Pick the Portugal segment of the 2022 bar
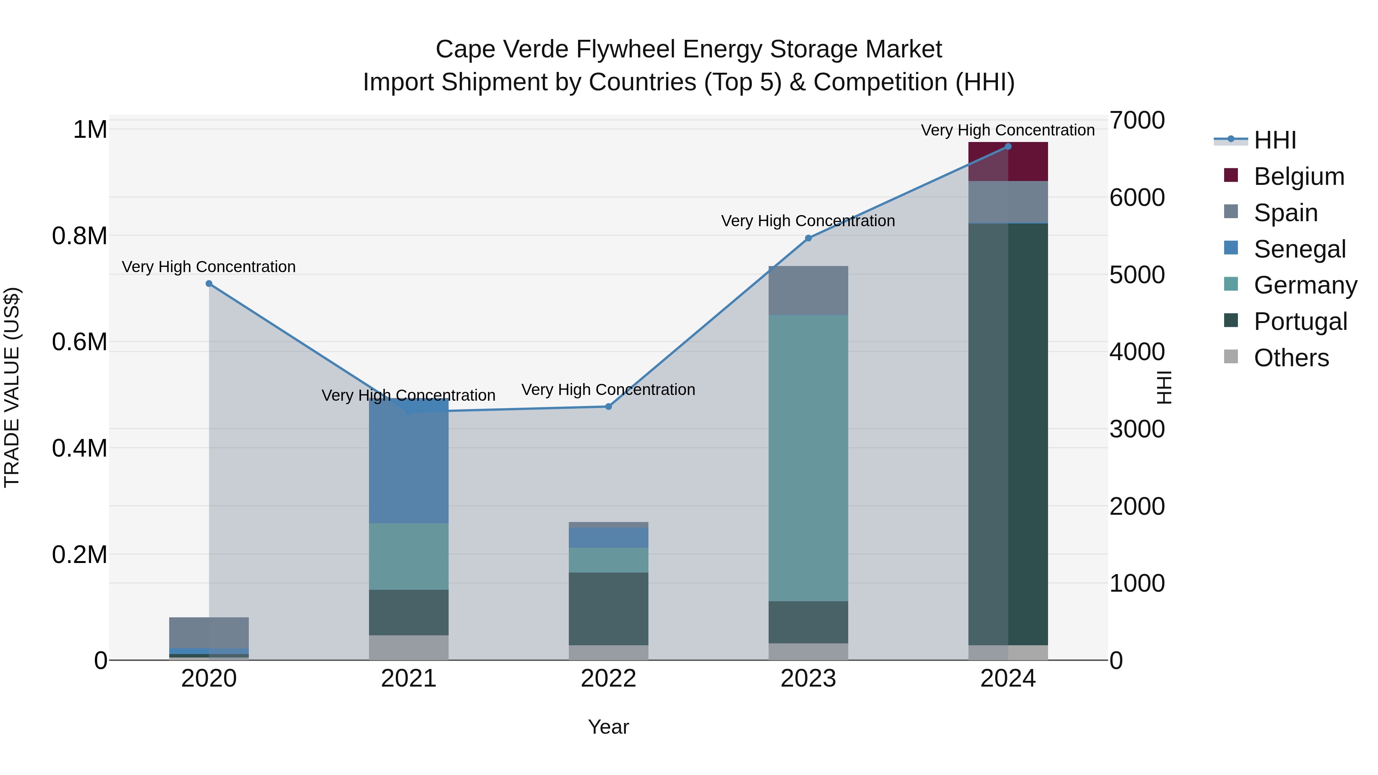pyautogui.click(x=608, y=609)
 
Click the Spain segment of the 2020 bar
pyautogui.click(x=209, y=632)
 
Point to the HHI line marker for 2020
pyautogui.click(x=209, y=284)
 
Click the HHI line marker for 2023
pyautogui.click(x=808, y=238)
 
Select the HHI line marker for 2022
pyautogui.click(x=608, y=406)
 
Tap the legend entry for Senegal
pyautogui.click(x=1300, y=249)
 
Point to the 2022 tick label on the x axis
pyautogui.click(x=608, y=679)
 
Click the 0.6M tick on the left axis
pyautogui.click(x=80, y=342)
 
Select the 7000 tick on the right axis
pyautogui.click(x=1137, y=120)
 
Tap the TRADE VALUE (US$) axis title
pyautogui.click(x=12, y=387)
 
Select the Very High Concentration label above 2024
pyautogui.click(x=1008, y=130)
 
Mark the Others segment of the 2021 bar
pyautogui.click(x=409, y=647)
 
